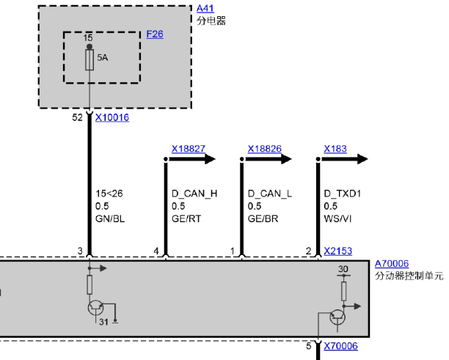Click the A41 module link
[205, 8]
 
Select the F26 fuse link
[155, 34]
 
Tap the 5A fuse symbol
[90, 60]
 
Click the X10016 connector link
[112, 117]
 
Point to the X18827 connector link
[188, 149]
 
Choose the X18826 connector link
[264, 149]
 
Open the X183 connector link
[335, 149]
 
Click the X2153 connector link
[338, 251]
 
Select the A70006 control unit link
[392, 263]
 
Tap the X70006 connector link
[340, 346]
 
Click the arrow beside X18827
[192, 159]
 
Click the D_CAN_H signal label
[194, 194]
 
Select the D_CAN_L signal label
[270, 194]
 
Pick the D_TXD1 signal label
[342, 194]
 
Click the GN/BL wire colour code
[110, 218]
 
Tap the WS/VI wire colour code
[337, 218]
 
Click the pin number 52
[77, 117]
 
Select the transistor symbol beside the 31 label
[96, 308]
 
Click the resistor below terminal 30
[343, 291]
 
